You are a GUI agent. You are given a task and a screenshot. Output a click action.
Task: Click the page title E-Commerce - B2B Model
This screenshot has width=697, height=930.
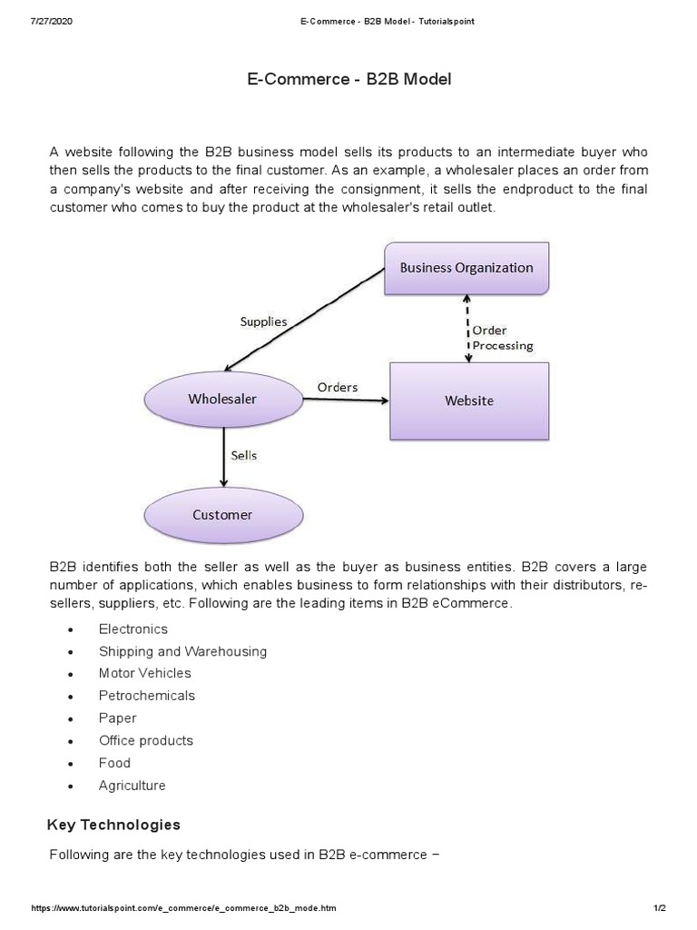tap(348, 79)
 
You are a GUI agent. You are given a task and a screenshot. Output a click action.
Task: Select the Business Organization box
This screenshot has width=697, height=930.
tap(466, 268)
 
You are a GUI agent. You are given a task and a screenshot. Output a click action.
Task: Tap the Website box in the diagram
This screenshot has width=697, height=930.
tap(469, 401)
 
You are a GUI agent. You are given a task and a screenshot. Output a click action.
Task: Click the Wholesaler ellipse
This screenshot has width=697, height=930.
tap(222, 400)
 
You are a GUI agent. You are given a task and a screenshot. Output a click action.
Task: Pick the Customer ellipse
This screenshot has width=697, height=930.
tap(222, 515)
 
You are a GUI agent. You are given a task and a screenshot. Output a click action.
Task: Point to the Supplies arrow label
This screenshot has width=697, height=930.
tap(263, 322)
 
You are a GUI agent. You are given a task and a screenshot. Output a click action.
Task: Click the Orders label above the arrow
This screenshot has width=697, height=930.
tap(338, 387)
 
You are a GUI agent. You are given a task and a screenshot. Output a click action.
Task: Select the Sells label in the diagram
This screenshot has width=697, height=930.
tap(243, 456)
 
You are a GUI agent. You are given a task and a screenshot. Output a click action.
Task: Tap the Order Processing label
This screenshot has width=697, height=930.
tap(502, 338)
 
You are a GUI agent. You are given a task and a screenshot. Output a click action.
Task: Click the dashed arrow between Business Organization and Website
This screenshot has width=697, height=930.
tap(466, 328)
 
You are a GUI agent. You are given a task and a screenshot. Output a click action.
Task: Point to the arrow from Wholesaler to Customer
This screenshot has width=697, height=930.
tap(223, 459)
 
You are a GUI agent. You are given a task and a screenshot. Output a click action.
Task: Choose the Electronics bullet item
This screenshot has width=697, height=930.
tap(133, 628)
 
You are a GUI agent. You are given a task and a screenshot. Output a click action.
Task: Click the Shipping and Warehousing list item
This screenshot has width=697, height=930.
tap(182, 651)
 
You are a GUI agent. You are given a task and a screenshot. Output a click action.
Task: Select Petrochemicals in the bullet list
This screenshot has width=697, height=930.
tap(147, 696)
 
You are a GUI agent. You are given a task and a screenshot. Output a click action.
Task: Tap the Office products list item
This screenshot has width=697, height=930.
tap(146, 740)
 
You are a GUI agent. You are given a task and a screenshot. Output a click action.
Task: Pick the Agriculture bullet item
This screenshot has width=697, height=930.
tap(133, 785)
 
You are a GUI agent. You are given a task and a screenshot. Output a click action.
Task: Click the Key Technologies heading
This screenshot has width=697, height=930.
tap(113, 825)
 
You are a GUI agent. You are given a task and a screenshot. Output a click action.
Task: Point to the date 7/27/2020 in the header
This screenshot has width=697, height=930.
tap(52, 21)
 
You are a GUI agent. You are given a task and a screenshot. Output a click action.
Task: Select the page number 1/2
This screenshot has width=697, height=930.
tap(659, 908)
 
